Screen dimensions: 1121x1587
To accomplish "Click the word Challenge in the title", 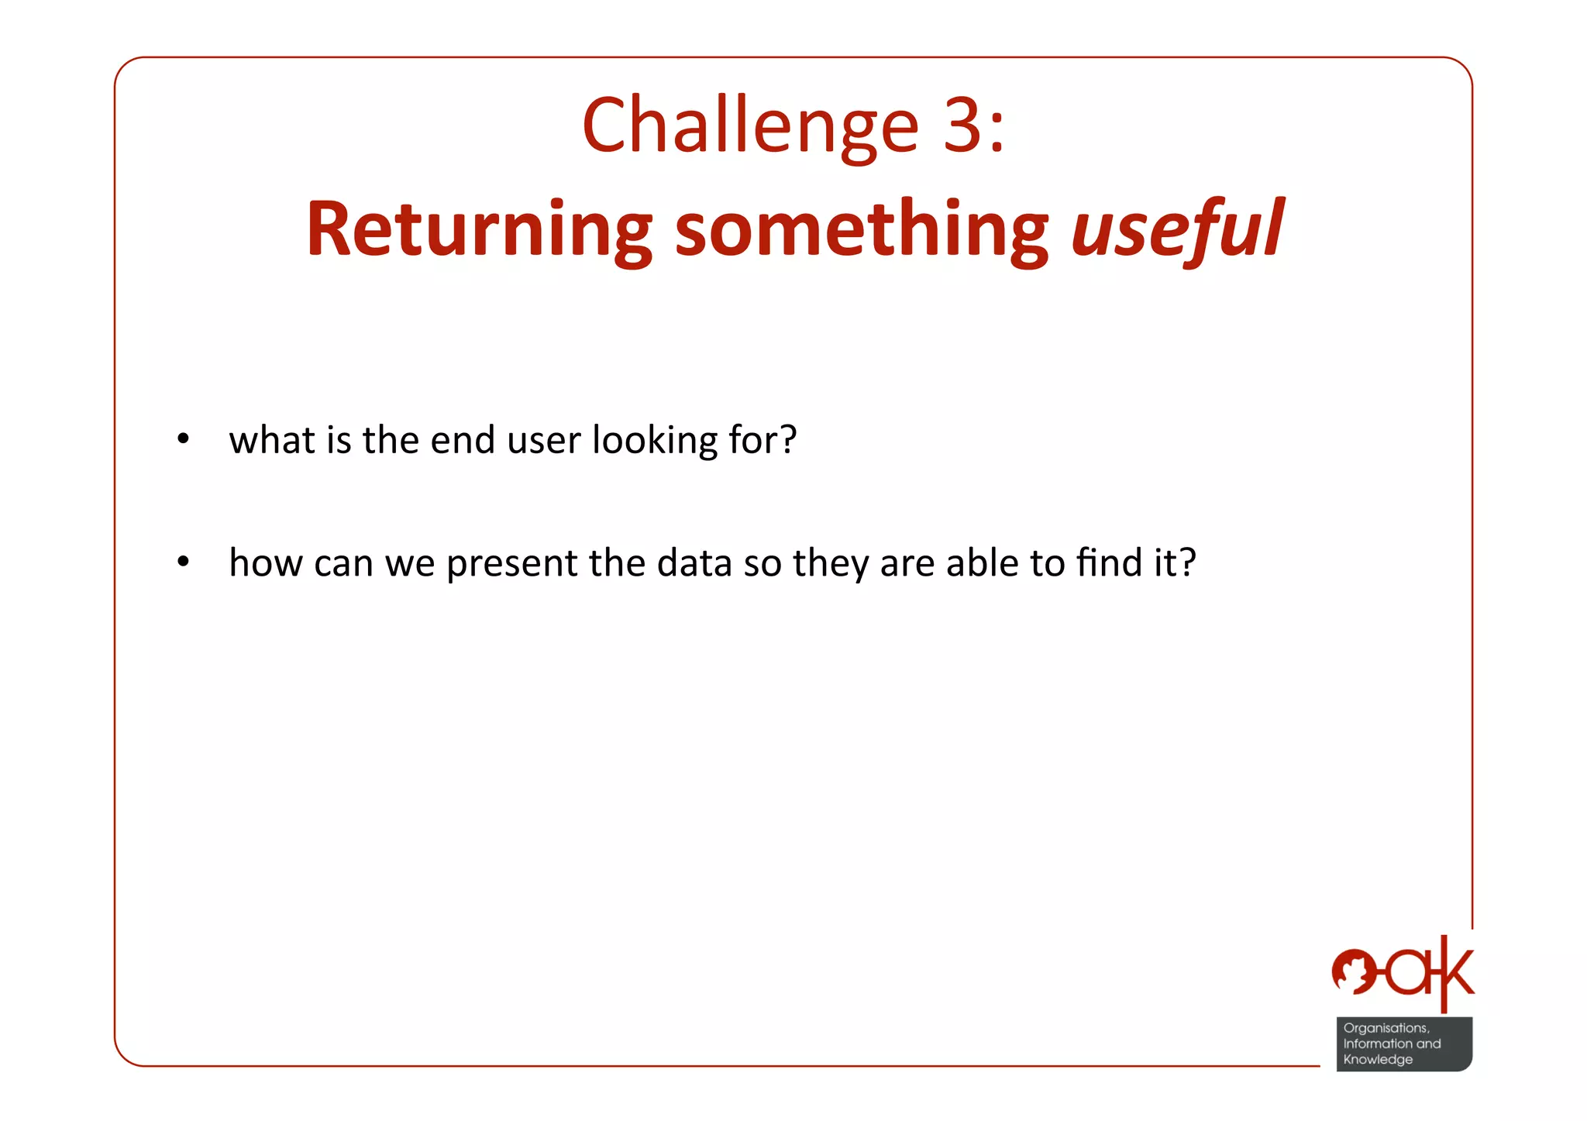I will coord(750,126).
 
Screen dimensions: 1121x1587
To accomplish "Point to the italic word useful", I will coord(1177,229).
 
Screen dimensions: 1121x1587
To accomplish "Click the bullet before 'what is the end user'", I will coord(183,439).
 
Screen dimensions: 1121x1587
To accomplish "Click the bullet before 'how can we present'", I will coord(183,562).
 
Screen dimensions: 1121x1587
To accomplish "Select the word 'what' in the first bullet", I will coord(272,440).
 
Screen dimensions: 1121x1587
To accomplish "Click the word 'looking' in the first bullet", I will coord(655,441).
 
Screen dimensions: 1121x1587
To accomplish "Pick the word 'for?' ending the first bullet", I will coord(763,440).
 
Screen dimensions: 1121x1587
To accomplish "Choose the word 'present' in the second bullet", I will coord(511,563).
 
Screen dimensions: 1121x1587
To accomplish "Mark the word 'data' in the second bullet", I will coord(694,562).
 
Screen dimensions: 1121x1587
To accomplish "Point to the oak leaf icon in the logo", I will coord(1353,971).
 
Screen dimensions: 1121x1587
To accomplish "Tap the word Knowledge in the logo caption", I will coord(1378,1059).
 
